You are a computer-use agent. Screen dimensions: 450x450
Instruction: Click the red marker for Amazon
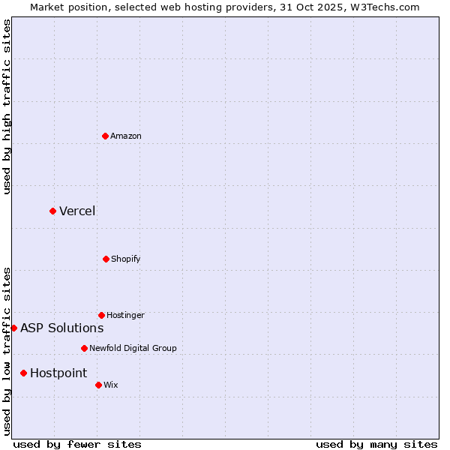pos(105,136)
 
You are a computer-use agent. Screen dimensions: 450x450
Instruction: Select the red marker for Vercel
pos(52,211)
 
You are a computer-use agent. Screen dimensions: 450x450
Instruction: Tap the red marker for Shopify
pos(106,259)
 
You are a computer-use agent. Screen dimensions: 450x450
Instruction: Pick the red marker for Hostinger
pos(101,315)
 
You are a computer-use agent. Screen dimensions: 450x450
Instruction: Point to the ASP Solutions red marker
pos(13,328)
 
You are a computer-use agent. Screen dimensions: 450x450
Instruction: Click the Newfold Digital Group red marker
pos(84,348)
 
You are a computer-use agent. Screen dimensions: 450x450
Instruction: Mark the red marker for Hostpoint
pos(23,373)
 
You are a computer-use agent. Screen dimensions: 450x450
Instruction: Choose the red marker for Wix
pos(98,385)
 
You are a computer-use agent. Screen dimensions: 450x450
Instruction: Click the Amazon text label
pos(126,136)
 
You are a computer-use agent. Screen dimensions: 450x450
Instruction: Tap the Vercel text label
pos(77,211)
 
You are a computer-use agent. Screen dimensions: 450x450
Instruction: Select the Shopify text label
pos(125,259)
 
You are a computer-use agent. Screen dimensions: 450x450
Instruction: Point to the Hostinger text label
pos(125,315)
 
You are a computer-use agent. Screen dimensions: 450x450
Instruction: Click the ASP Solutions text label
pos(61,328)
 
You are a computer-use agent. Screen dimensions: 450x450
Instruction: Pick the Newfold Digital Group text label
pos(133,348)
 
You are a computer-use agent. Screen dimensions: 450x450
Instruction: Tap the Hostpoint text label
pos(58,373)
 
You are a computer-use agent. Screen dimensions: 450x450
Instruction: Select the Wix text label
pos(110,385)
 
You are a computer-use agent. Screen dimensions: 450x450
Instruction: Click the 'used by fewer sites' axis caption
pos(77,444)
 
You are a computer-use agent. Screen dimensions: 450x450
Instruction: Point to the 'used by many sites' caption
pos(376,444)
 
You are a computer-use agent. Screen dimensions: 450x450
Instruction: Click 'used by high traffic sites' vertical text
pos(7,106)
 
